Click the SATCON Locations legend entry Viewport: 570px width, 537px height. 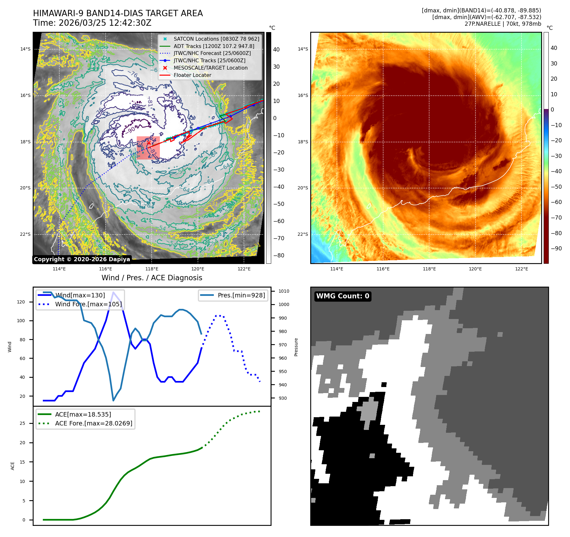(x=216, y=39)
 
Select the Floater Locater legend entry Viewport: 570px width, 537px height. (x=192, y=75)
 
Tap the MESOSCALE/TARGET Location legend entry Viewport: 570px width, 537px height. (x=210, y=68)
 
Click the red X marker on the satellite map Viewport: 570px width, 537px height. (x=149, y=143)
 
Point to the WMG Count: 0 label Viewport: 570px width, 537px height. (x=343, y=296)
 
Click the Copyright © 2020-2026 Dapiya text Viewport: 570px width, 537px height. (x=82, y=259)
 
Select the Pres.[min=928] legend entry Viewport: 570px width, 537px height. (x=241, y=295)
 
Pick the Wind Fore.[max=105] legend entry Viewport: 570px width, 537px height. (x=88, y=304)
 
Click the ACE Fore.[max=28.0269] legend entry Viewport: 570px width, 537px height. (x=94, y=423)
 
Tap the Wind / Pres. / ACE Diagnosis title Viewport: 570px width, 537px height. (x=152, y=278)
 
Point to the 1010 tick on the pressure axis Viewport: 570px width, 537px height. (x=284, y=291)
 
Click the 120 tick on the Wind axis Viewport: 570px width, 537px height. (x=21, y=302)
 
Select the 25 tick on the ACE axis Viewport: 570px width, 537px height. (x=22, y=423)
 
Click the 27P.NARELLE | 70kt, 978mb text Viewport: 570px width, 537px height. (x=503, y=24)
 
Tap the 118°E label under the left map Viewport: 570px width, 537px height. (x=152, y=269)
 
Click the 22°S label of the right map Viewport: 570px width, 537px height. (x=303, y=235)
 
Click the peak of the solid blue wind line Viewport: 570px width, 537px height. (x=113, y=292)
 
